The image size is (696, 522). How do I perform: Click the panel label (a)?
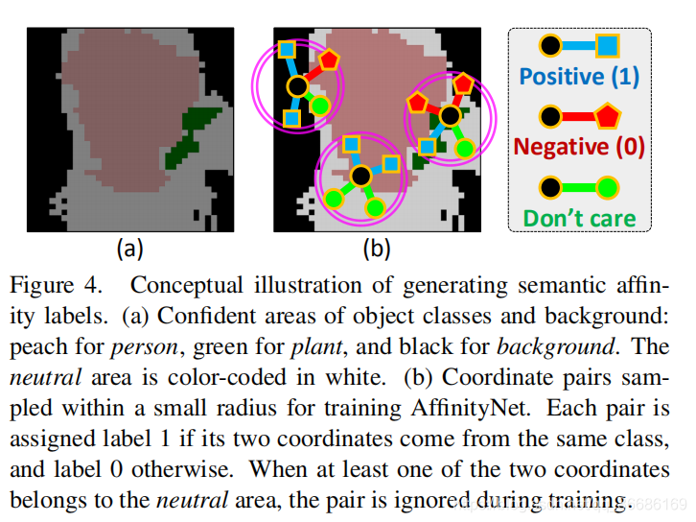click(x=129, y=250)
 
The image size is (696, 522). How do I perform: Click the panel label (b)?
click(x=375, y=250)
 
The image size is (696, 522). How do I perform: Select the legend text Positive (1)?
click(x=579, y=76)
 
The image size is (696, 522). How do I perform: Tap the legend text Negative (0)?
click(x=579, y=147)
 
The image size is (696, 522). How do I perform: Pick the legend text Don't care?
click(x=579, y=218)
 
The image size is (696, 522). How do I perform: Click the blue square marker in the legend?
click(x=608, y=45)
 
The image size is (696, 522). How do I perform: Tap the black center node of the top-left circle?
click(x=297, y=86)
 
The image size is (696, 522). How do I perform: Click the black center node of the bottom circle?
click(x=360, y=176)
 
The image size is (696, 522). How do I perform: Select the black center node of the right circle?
click(x=449, y=115)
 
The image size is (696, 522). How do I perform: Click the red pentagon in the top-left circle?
click(x=328, y=59)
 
